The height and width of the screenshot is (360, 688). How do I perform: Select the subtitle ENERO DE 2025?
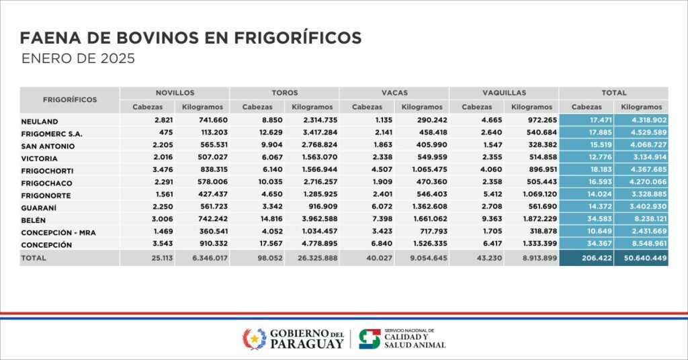pyautogui.click(x=78, y=59)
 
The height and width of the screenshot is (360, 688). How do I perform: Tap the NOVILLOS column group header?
pyautogui.click(x=175, y=93)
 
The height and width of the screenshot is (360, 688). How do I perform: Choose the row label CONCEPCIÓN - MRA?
pyautogui.click(x=58, y=232)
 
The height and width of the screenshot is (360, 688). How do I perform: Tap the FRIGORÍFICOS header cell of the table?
pyautogui.click(x=70, y=99)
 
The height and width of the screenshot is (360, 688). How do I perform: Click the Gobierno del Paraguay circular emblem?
pyautogui.click(x=254, y=339)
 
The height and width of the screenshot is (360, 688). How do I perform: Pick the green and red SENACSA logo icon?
pyautogui.click(x=369, y=339)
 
